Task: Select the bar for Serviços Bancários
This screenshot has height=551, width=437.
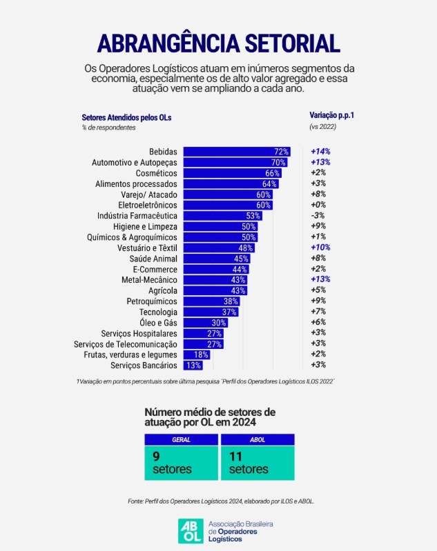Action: pos(194,365)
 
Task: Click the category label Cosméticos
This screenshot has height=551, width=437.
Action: pos(156,173)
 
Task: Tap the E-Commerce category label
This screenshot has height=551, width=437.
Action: pos(155,269)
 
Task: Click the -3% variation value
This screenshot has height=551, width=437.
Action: pos(318,216)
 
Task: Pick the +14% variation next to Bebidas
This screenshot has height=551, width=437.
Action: pos(321,152)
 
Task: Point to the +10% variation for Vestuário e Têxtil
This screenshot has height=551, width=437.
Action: pos(320,248)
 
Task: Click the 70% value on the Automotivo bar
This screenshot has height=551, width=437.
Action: pos(278,163)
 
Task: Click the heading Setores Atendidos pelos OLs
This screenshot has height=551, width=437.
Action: pos(126,117)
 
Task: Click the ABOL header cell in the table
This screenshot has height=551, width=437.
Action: pos(257,439)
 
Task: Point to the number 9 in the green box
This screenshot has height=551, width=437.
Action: pos(156,456)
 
